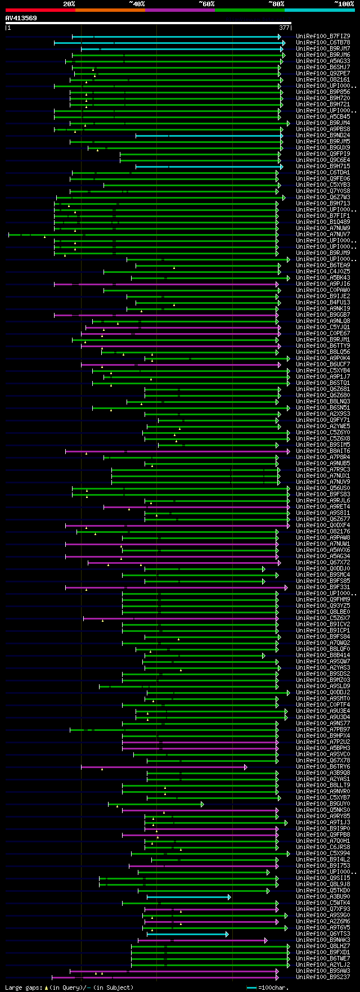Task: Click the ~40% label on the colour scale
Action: pyautogui.click(x=137, y=4)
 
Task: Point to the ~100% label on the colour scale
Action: pyautogui.click(x=344, y=4)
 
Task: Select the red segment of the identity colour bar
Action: pyautogui.click(x=40, y=10)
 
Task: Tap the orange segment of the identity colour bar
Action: pyautogui.click(x=110, y=10)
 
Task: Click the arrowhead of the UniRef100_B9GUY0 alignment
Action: pyautogui.click(x=202, y=804)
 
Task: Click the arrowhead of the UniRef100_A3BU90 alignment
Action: pyautogui.click(x=229, y=897)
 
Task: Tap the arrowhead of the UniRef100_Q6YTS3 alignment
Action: pyautogui.click(x=227, y=934)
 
